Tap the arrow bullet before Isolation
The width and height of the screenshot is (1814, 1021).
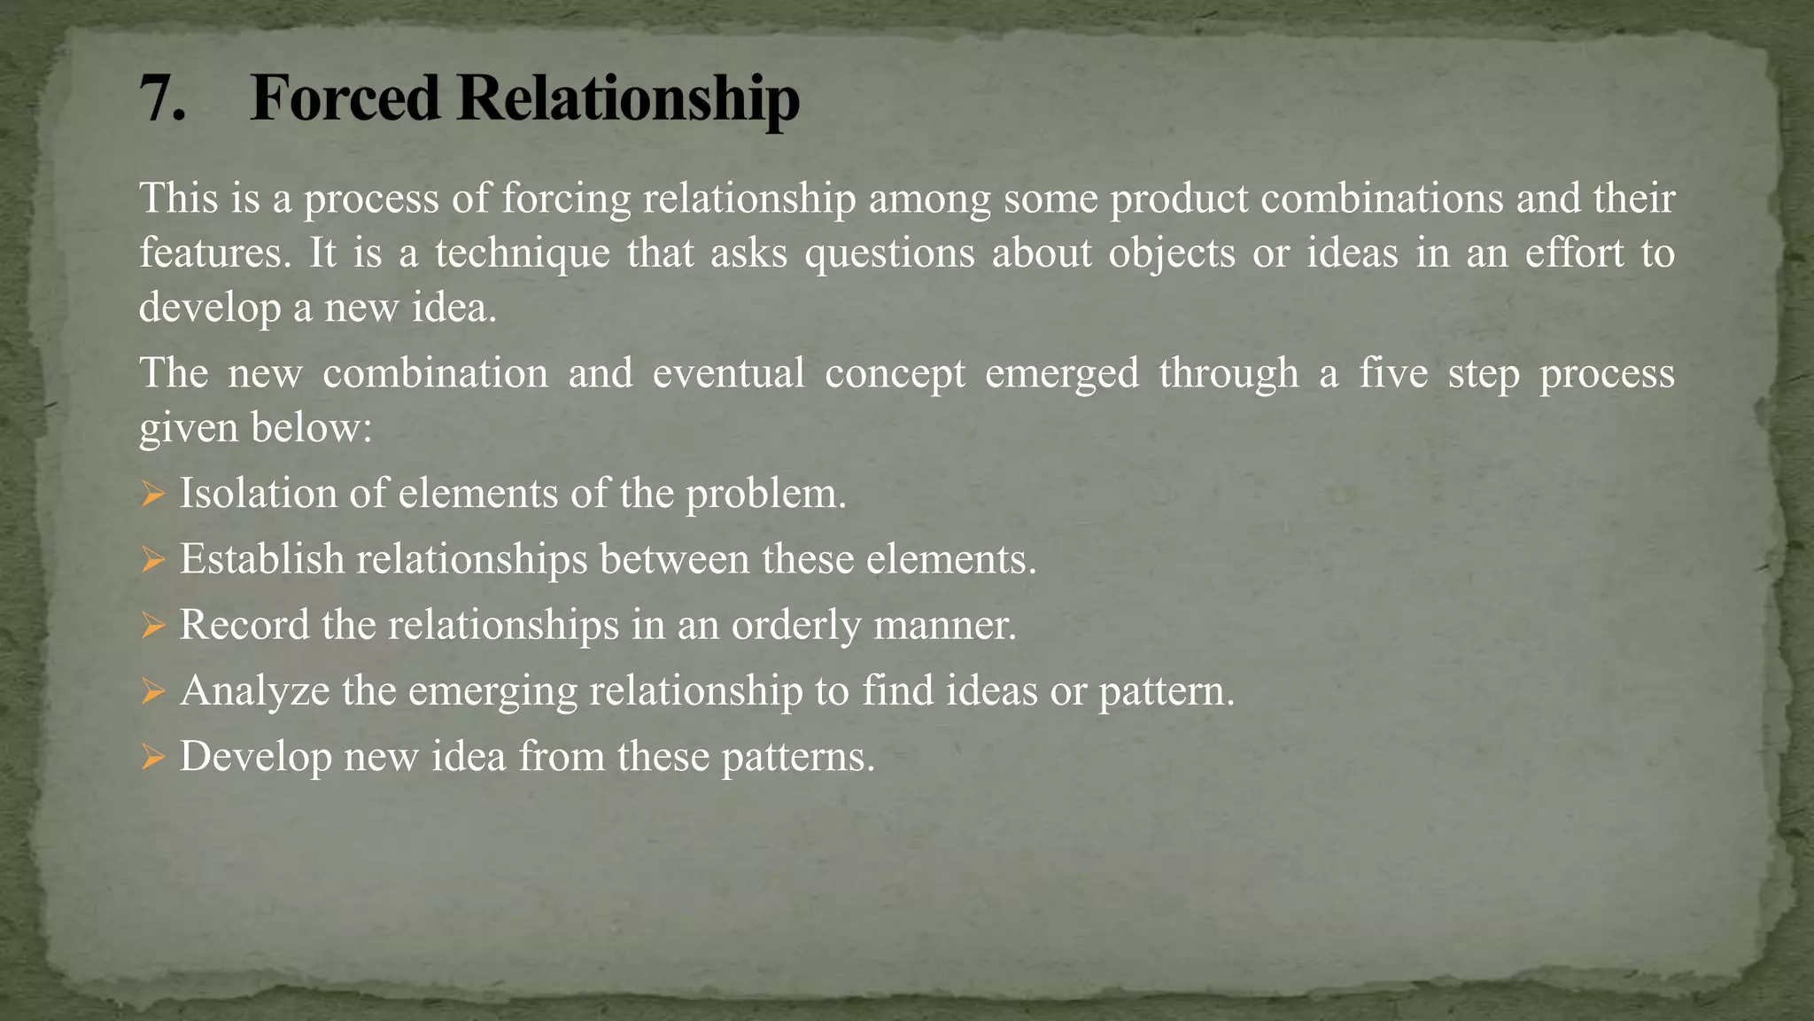point(152,495)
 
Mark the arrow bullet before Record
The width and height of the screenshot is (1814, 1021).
point(152,627)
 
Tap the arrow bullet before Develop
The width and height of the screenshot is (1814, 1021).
point(152,758)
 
